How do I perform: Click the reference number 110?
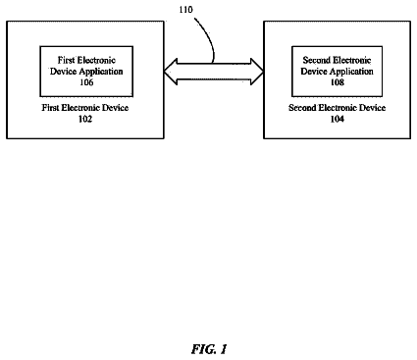click(x=185, y=10)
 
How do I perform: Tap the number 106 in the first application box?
click(x=86, y=82)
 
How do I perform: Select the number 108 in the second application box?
click(x=337, y=82)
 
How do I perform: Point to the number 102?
click(x=85, y=119)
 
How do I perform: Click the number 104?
click(x=337, y=119)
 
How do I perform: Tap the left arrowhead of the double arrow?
click(x=170, y=72)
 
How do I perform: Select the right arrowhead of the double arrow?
click(x=257, y=72)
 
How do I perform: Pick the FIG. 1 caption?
click(x=209, y=349)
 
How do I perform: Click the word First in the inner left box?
click(x=66, y=60)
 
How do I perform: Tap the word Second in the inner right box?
click(x=316, y=60)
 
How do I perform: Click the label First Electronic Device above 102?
click(x=85, y=108)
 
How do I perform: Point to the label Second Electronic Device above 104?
click(x=337, y=108)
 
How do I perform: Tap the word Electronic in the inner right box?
click(x=351, y=60)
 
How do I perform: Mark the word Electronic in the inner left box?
click(x=96, y=60)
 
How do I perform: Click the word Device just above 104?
click(x=372, y=108)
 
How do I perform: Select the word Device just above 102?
click(x=115, y=108)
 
